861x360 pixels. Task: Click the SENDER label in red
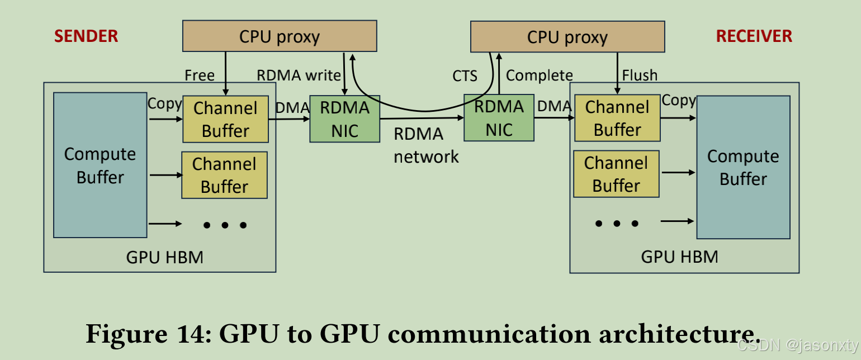86,36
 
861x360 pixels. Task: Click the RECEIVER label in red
754,36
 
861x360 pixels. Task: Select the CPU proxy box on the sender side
280,37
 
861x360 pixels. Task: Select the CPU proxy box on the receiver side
567,38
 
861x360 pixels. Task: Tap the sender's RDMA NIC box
344,119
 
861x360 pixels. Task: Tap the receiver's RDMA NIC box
499,118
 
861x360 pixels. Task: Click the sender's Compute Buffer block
100,165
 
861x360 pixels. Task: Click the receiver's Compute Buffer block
743,167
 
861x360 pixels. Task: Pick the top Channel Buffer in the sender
225,119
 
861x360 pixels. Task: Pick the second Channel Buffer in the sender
224,175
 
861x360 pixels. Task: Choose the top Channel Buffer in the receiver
617,118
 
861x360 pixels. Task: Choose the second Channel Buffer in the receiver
616,174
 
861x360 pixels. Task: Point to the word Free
200,75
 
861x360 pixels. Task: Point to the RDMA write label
298,75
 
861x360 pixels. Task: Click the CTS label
465,75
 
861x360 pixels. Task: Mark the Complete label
539,75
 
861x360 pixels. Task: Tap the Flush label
640,75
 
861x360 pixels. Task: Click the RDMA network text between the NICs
426,145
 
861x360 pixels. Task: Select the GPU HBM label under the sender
164,257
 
